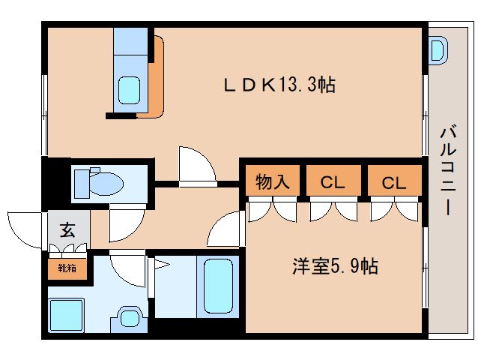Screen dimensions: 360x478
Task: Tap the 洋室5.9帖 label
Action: pos(334,265)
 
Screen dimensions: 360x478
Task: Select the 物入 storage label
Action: pos(272,181)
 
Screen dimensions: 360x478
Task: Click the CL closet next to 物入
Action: pos(333,181)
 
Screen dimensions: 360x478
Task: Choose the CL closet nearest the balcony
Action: pos(394,181)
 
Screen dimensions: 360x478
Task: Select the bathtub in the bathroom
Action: pos(219,285)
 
